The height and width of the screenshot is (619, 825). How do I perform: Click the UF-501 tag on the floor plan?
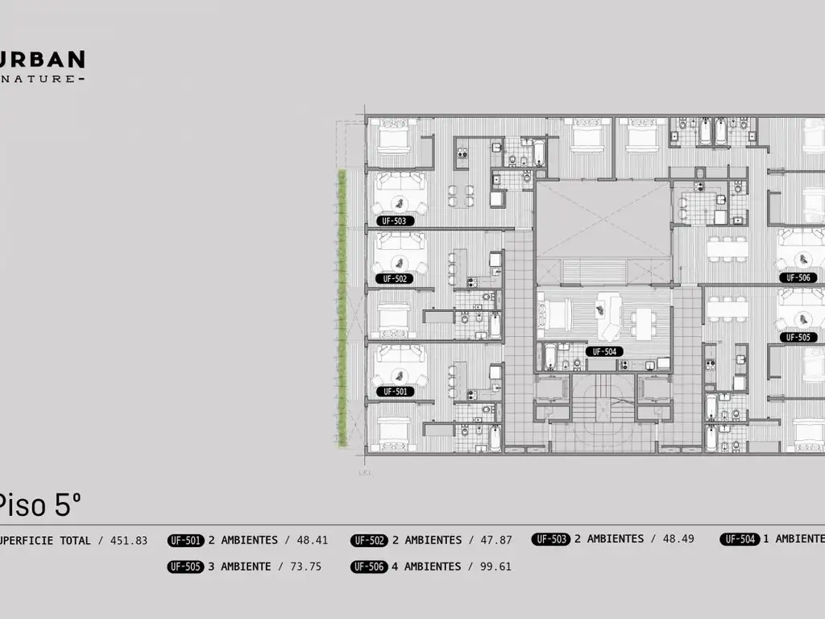click(395, 392)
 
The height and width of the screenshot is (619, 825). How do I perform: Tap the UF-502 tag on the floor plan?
click(395, 279)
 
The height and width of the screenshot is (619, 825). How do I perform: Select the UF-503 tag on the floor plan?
click(395, 220)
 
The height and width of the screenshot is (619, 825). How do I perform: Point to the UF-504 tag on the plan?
click(604, 351)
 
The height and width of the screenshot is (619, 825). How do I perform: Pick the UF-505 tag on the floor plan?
click(798, 338)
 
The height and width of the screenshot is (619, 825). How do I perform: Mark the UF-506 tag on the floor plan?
click(798, 277)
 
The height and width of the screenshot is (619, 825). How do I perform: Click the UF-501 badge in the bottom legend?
click(186, 540)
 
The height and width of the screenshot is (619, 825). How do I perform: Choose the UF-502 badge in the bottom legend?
click(370, 540)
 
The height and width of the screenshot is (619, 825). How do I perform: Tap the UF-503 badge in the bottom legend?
click(551, 539)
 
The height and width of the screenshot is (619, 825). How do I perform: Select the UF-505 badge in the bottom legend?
click(186, 567)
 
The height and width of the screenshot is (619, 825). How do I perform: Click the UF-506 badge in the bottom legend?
click(370, 567)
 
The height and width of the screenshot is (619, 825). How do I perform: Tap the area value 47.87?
click(495, 540)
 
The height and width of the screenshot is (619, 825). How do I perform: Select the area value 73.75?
click(305, 567)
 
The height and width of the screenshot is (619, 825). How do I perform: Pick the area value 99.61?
click(495, 567)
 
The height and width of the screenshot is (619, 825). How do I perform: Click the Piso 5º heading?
click(39, 505)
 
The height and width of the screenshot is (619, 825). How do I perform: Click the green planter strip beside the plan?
click(342, 306)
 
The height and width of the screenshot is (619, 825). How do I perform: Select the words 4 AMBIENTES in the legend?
click(427, 567)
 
